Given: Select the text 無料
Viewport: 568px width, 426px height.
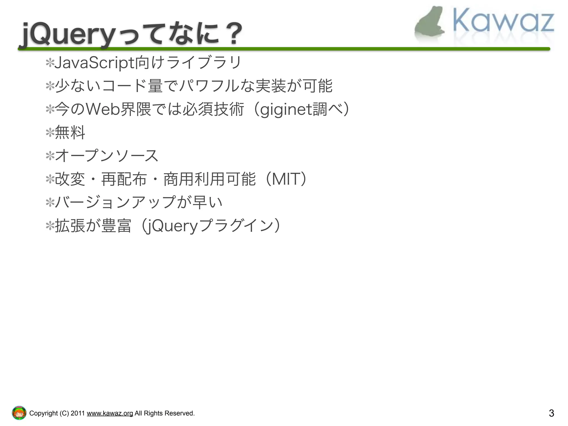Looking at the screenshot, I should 70,133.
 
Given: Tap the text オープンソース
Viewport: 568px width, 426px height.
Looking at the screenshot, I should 106,156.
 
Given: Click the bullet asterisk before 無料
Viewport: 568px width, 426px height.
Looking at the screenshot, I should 50,133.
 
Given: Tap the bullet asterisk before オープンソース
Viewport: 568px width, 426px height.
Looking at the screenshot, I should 50,156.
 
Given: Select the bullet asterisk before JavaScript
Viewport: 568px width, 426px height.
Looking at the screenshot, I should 50,63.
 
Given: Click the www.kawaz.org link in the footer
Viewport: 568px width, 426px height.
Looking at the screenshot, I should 110,413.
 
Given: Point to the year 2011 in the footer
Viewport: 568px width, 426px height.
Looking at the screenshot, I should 77,413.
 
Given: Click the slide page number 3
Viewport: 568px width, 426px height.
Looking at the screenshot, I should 551,413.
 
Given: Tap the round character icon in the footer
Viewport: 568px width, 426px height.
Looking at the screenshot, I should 19,413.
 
